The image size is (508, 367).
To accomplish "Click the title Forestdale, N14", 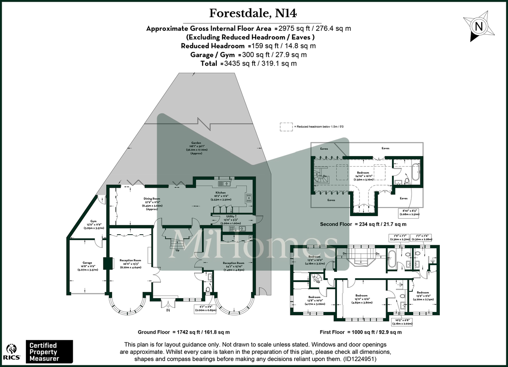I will point(253,14).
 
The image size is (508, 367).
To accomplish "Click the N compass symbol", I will point(479,26).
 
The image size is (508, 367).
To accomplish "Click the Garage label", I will point(87,265).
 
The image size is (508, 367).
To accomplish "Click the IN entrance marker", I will point(168,310).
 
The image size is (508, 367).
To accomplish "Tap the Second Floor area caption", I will point(363,224).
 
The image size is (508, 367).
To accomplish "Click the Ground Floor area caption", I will point(184,332).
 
